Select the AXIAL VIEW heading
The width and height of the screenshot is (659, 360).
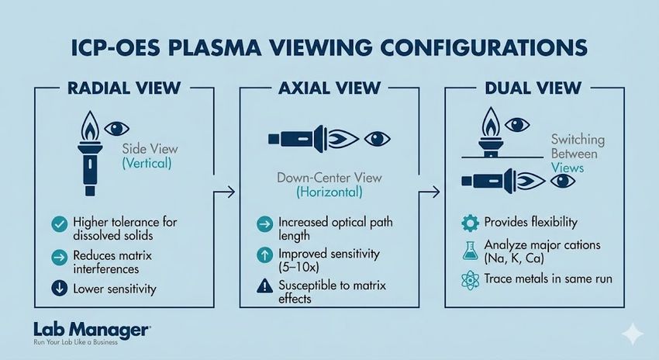click(329, 87)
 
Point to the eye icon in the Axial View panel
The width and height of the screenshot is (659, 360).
click(378, 140)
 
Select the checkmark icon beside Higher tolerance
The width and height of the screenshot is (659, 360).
click(57, 223)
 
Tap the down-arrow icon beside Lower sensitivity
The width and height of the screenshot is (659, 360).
click(57, 289)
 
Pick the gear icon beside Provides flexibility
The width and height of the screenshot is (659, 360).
click(468, 223)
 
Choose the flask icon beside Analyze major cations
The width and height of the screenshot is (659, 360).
click(468, 250)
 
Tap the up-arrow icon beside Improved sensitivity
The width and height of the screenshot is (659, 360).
click(264, 254)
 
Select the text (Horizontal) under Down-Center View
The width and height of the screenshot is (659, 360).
click(329, 192)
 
